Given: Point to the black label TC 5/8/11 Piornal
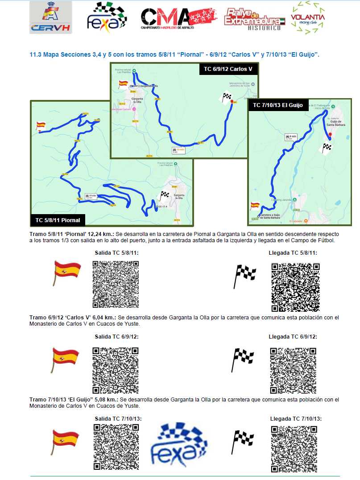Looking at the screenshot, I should click(58, 220).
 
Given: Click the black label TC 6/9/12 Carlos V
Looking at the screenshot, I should click(228, 69).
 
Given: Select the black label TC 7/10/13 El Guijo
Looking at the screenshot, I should click(277, 105).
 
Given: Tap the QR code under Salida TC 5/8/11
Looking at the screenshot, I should click(116, 284).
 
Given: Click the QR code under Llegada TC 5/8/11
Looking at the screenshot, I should click(295, 287).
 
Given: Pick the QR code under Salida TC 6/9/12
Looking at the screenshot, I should click(116, 369).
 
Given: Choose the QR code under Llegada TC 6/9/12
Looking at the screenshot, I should click(293, 370).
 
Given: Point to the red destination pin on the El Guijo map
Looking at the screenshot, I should click(330, 134).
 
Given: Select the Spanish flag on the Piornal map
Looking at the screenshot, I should click(41, 126).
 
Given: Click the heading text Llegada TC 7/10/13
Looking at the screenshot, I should click(296, 419).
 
